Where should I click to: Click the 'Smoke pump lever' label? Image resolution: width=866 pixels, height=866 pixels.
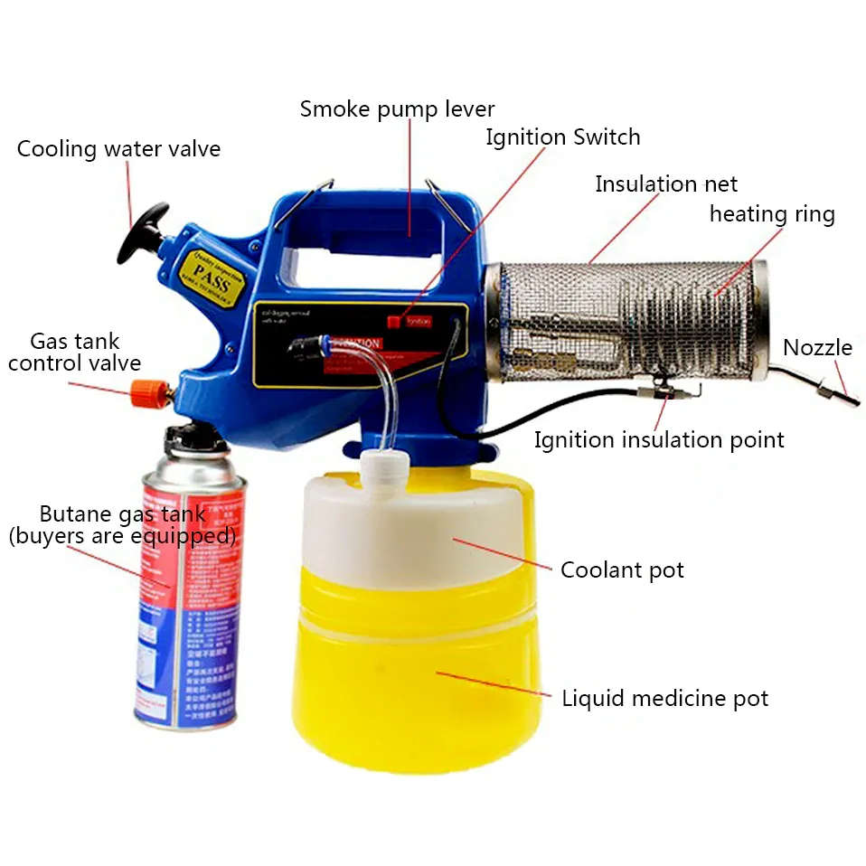pyautogui.click(x=397, y=109)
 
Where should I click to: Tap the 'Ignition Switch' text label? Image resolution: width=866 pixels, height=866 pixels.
pyautogui.click(x=562, y=137)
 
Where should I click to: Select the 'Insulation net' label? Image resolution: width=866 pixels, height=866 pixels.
pyautogui.click(x=665, y=184)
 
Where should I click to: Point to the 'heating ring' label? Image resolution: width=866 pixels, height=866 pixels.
pyautogui.click(x=771, y=214)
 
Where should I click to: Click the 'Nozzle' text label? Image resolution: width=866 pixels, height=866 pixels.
pyautogui.click(x=817, y=348)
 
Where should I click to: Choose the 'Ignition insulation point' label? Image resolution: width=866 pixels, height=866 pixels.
pyautogui.click(x=658, y=440)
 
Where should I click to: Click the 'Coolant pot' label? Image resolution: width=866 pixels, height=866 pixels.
pyautogui.click(x=622, y=570)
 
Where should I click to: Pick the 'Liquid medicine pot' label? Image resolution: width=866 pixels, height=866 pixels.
pyautogui.click(x=664, y=699)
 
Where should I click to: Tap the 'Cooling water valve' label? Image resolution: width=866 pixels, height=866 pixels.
pyautogui.click(x=118, y=149)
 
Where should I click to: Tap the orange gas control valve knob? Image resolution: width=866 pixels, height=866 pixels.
pyautogui.click(x=146, y=392)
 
